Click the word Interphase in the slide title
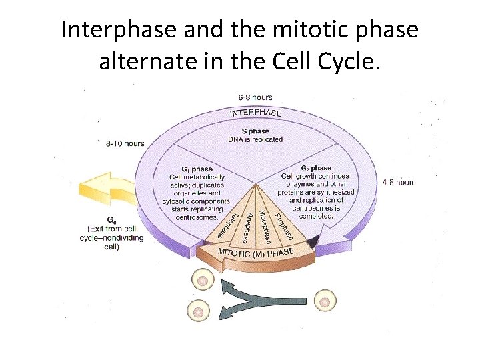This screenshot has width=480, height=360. [x=111, y=31]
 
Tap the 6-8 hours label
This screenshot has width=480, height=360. [x=250, y=97]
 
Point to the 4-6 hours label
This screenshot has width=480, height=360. [x=399, y=182]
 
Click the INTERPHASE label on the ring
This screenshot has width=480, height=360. [x=255, y=113]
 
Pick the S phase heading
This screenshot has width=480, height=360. [x=255, y=131]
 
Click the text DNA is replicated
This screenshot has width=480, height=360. [x=255, y=139]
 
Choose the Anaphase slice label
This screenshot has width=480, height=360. [x=245, y=227]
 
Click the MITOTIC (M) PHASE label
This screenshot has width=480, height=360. [x=257, y=253]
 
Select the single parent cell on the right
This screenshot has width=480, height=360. [x=324, y=301]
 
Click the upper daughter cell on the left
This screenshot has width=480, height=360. [x=201, y=281]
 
